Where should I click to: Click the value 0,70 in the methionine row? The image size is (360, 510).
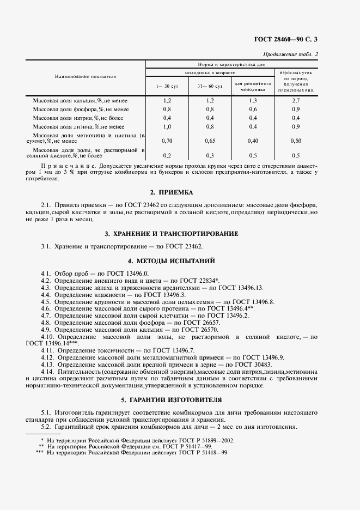coord(167,141)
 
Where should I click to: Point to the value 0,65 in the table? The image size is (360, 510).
coord(210,141)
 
